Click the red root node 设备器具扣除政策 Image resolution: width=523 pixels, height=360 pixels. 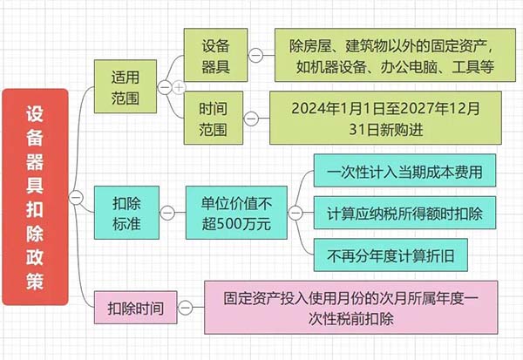[34, 197]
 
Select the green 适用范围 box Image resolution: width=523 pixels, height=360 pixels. [126, 86]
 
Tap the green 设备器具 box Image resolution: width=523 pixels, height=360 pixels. [214, 54]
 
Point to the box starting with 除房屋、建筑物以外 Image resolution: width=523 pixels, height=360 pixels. [383, 54]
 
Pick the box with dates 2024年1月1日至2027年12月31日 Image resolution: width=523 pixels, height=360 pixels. [381, 117]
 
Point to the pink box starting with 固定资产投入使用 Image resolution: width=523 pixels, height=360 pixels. [350, 307]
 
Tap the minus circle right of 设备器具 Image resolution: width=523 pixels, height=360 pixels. [255, 55]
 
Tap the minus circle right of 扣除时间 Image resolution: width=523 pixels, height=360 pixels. [184, 307]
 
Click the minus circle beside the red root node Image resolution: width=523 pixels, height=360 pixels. [76, 198]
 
